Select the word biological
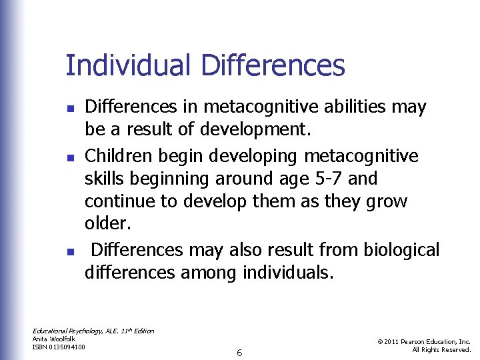tap(401, 250)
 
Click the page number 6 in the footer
tap(239, 352)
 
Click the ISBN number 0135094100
tap(69, 346)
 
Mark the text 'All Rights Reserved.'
tap(441, 349)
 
